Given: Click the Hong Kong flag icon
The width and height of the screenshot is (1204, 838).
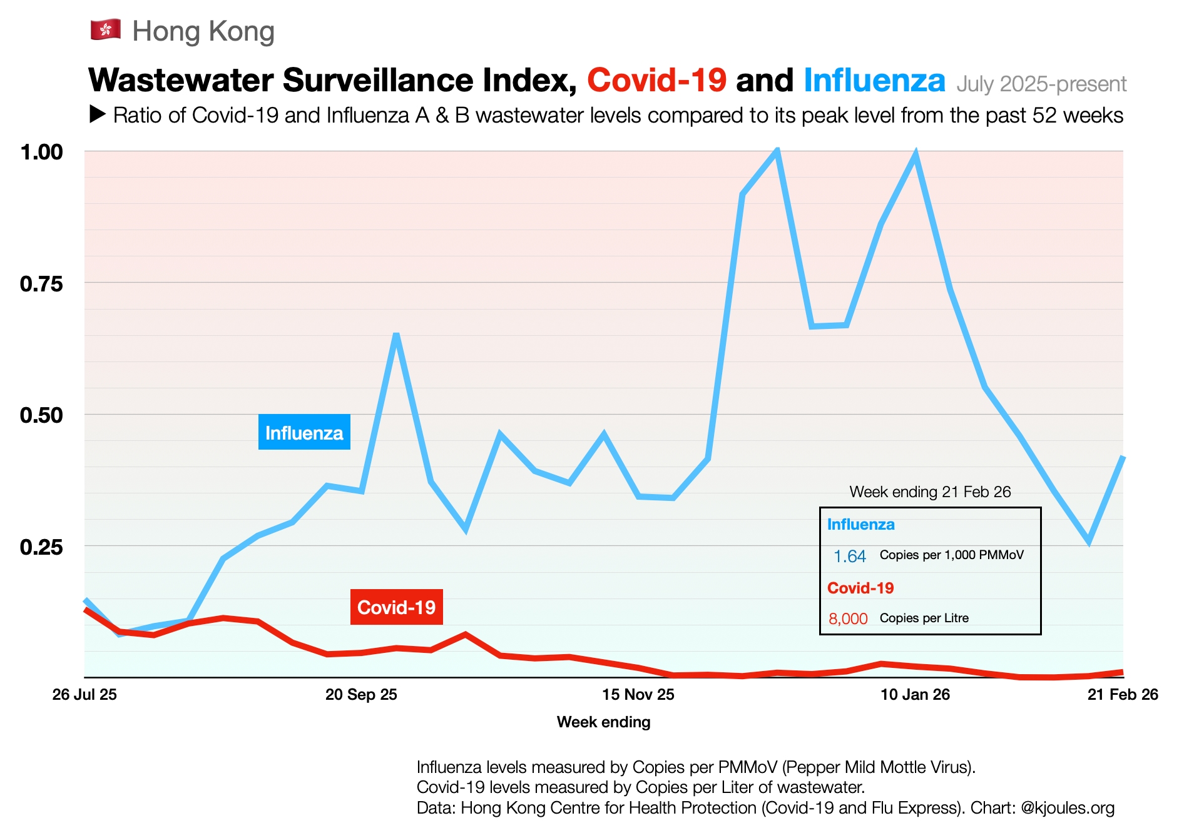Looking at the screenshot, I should tap(106, 30).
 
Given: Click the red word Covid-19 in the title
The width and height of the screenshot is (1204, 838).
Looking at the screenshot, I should tap(656, 81).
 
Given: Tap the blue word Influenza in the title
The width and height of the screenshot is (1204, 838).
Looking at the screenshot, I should tap(874, 81).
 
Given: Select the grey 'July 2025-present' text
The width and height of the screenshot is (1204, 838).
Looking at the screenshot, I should tap(1041, 84).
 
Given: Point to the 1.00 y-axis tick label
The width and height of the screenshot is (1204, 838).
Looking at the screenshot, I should tap(42, 152).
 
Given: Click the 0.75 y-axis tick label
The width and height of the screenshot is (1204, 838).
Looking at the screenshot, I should tap(42, 284).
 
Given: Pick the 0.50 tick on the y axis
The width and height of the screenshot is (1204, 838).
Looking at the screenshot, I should tap(42, 415).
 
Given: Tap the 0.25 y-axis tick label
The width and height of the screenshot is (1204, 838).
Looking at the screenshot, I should tap(42, 547).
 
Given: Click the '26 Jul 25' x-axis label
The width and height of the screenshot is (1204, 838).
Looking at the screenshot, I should tap(84, 695).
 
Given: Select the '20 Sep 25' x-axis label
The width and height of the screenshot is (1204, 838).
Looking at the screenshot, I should tap(361, 695).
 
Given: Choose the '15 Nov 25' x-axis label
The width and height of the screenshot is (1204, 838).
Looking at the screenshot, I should tap(638, 695).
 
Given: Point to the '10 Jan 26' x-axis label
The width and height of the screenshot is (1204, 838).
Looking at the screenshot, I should tap(915, 695).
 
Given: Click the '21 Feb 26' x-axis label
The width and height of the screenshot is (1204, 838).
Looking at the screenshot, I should tap(1123, 695).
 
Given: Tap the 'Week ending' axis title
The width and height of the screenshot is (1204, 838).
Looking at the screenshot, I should tap(603, 722).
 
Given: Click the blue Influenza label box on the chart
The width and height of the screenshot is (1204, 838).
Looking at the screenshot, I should tap(304, 433).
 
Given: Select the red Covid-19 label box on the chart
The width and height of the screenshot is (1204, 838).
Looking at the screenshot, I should tap(396, 607).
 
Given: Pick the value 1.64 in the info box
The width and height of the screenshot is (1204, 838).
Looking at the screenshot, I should tap(849, 556).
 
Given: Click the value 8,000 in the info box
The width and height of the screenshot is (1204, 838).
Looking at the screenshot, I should tap(848, 618).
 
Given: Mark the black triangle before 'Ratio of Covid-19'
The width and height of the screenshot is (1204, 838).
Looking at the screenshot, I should tap(98, 114).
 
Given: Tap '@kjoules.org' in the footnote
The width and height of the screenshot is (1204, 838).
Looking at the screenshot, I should tap(1067, 808).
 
